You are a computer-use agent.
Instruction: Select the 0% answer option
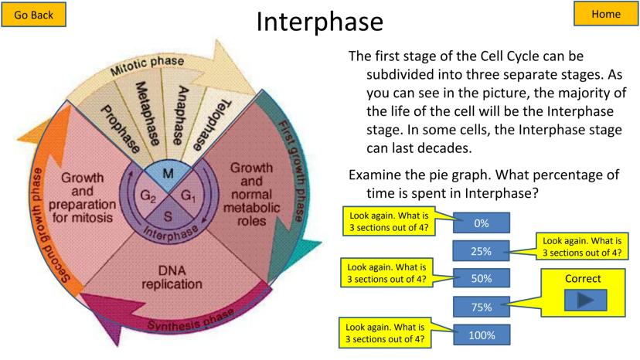[482, 223]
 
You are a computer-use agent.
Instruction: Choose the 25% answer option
[482, 250]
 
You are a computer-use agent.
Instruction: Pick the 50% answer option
[482, 278]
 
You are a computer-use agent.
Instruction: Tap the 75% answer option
[482, 307]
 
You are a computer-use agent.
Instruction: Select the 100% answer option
[482, 335]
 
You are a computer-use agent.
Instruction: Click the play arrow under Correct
[585, 300]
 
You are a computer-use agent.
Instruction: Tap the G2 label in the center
[149, 195]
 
